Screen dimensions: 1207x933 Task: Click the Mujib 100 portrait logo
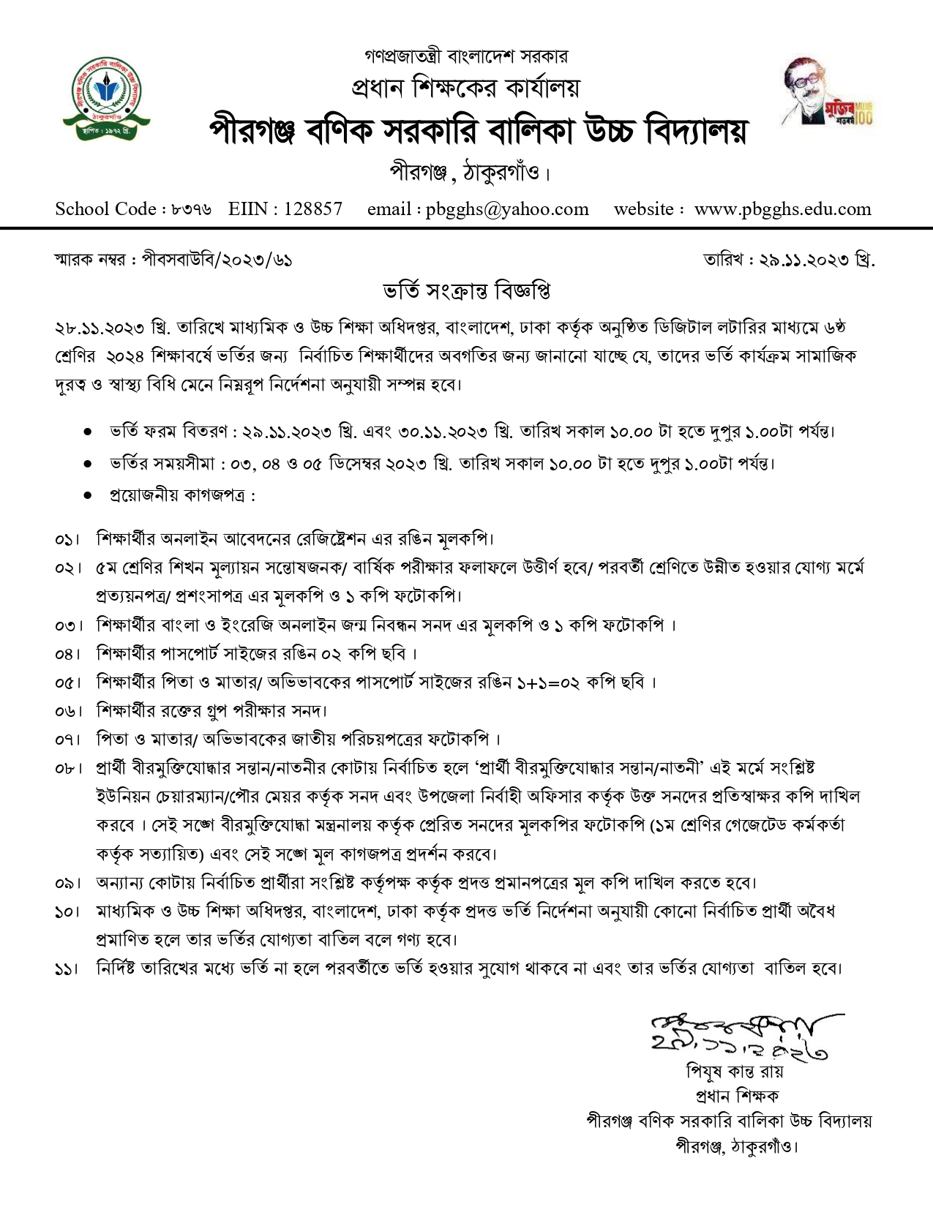pyautogui.click(x=827, y=93)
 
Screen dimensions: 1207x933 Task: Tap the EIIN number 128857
pyautogui.click(x=312, y=209)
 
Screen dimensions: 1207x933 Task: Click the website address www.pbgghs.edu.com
pyautogui.click(x=782, y=209)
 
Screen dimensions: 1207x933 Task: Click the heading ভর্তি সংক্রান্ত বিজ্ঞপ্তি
pyautogui.click(x=467, y=291)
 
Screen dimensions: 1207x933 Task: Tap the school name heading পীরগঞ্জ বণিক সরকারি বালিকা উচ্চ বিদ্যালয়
pyautogui.click(x=478, y=131)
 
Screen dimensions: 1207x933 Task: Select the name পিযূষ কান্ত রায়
pyautogui.click(x=734, y=1072)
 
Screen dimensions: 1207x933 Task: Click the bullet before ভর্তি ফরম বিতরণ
pyautogui.click(x=88, y=432)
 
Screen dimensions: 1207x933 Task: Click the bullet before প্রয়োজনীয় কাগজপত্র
pyautogui.click(x=88, y=496)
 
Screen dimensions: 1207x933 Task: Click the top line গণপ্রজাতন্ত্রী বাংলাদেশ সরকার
pyautogui.click(x=466, y=56)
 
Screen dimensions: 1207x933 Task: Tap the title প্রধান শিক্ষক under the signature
pyautogui.click(x=736, y=1096)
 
